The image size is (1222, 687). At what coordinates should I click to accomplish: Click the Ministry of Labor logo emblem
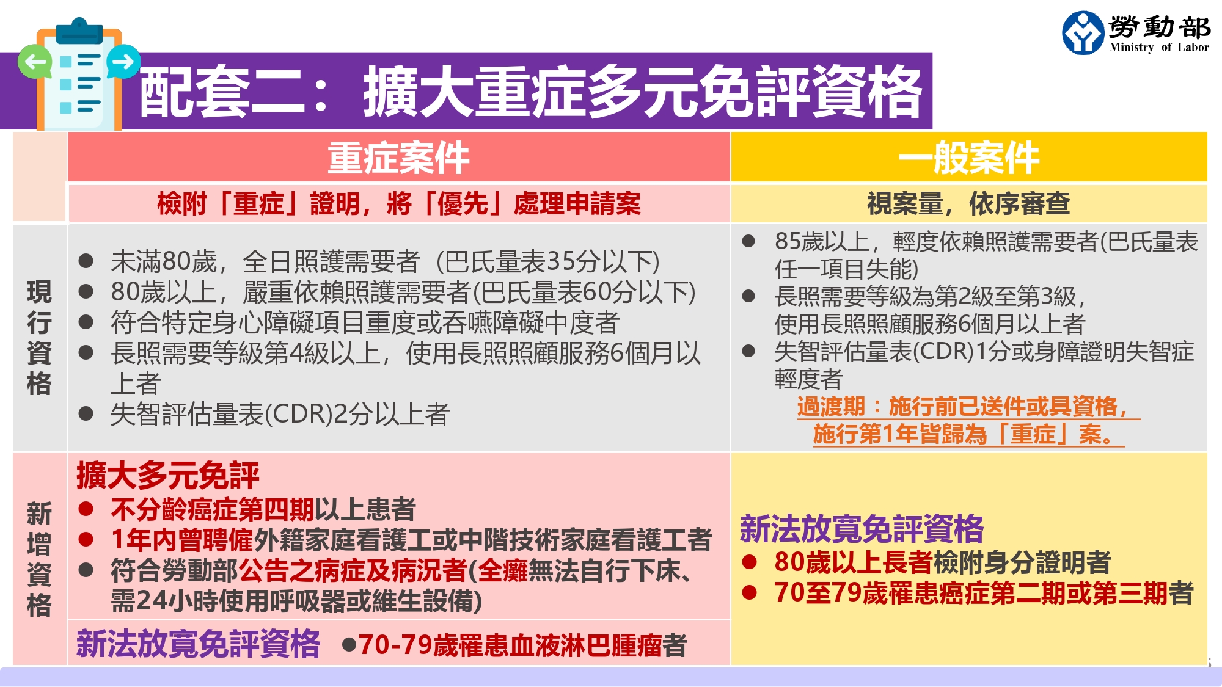(x=1083, y=33)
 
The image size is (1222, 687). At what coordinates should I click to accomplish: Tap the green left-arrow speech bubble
(x=35, y=62)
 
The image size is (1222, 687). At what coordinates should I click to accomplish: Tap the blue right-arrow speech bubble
(x=123, y=62)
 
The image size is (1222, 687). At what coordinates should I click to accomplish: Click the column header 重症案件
(x=398, y=158)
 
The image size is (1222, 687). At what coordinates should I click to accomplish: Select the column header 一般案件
(x=969, y=158)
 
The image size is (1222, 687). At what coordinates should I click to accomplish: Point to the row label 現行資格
(x=39, y=338)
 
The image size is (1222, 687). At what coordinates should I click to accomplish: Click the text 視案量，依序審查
(x=968, y=203)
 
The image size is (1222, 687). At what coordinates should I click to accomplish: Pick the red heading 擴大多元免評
(x=168, y=475)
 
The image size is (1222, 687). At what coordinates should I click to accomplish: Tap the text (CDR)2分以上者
(x=357, y=414)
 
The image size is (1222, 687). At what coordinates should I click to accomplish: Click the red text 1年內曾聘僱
(x=181, y=540)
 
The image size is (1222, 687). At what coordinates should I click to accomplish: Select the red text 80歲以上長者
(x=853, y=562)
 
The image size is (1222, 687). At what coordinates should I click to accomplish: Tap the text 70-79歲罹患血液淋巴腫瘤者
(x=522, y=645)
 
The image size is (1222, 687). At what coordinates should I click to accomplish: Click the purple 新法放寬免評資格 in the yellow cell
(x=862, y=529)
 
